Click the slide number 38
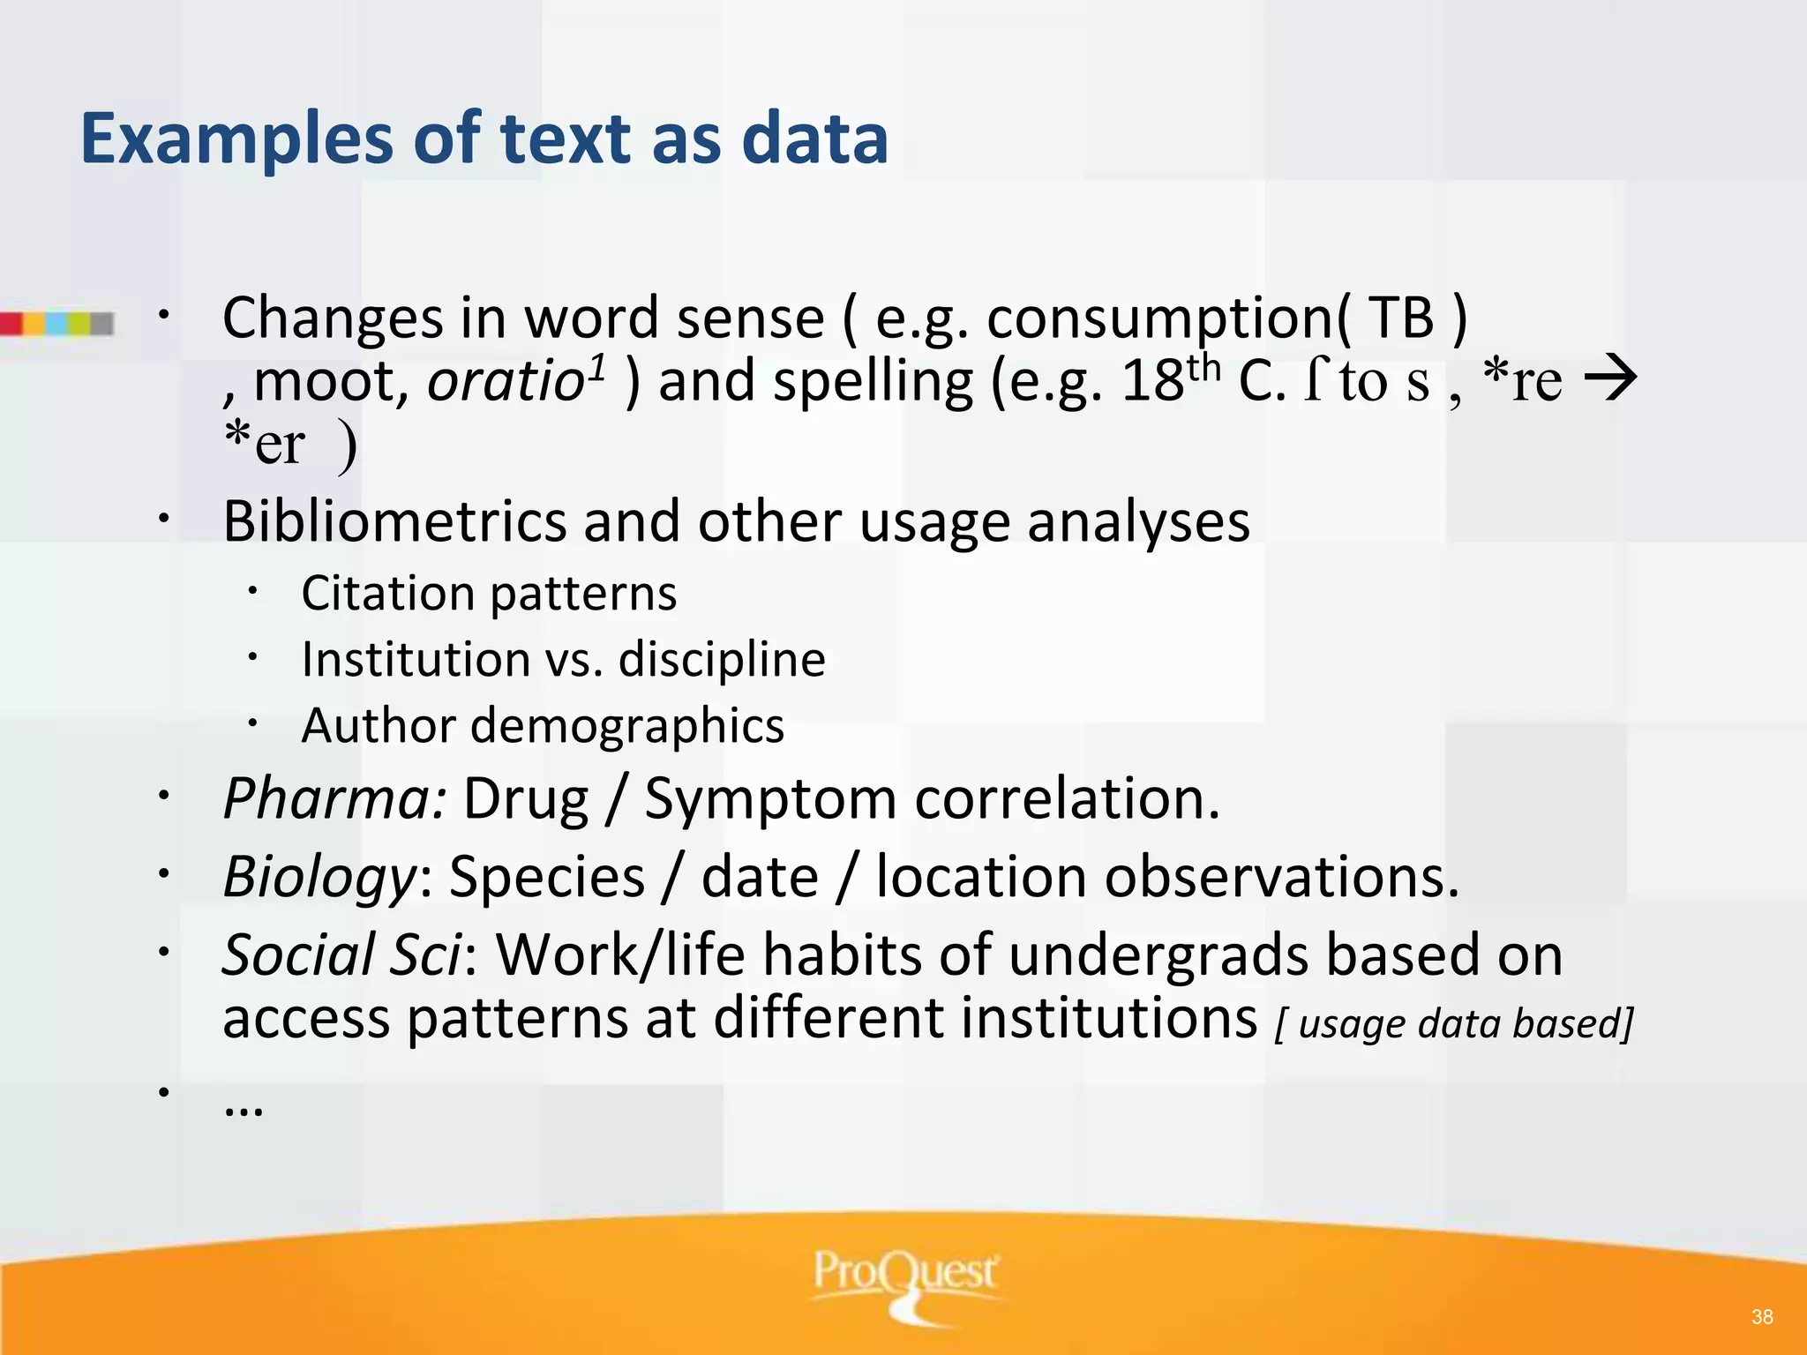(x=1762, y=1317)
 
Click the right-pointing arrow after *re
(x=1611, y=379)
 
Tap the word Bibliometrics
(x=394, y=521)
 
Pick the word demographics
(x=627, y=726)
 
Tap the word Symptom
(x=770, y=799)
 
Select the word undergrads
(x=1158, y=954)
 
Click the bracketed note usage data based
(x=1454, y=1023)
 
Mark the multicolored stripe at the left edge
(x=57, y=324)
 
